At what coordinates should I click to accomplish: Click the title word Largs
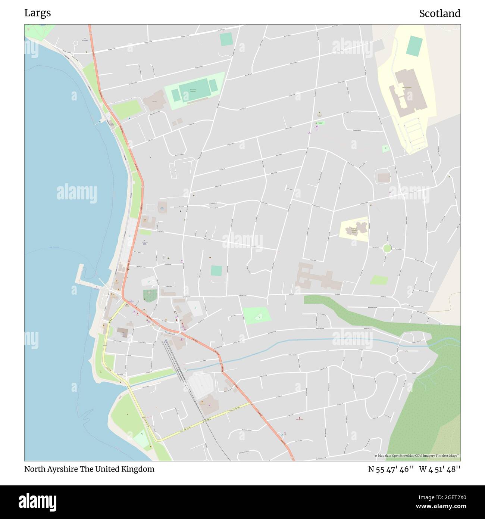tap(38, 13)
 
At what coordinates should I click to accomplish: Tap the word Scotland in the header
tap(439, 13)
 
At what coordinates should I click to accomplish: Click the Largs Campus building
tap(406, 90)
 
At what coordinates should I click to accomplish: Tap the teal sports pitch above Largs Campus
tap(414, 46)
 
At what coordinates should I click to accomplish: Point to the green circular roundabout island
tap(387, 248)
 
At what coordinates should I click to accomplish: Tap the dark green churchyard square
tap(150, 296)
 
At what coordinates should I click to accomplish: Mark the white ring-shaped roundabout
tap(394, 360)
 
